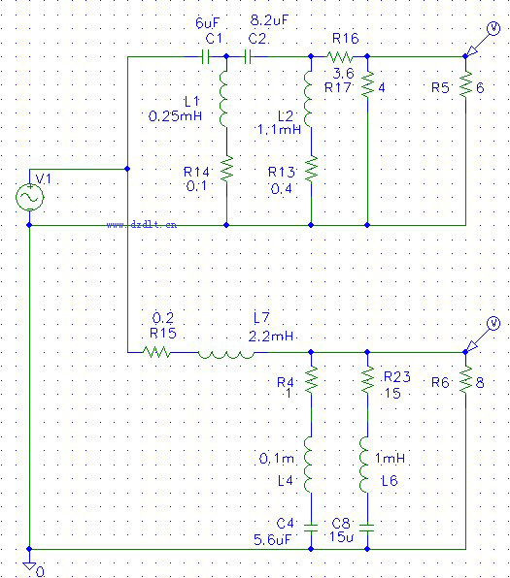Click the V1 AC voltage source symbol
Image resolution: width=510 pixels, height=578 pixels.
click(29, 197)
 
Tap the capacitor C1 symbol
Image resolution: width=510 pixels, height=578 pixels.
click(206, 57)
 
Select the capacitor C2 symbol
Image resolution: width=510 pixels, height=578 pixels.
click(249, 57)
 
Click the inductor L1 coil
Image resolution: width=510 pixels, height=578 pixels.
click(223, 100)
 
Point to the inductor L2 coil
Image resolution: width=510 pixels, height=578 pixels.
click(308, 100)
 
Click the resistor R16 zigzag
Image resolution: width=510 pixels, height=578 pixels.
click(340, 57)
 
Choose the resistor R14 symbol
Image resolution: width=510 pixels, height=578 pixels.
click(226, 169)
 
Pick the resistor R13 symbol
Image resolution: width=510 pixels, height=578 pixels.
click(311, 169)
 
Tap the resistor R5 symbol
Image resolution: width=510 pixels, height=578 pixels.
click(465, 84)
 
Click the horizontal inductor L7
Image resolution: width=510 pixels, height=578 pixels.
click(226, 355)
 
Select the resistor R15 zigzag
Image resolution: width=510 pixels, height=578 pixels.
click(156, 352)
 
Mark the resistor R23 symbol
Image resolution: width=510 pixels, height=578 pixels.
click(367, 380)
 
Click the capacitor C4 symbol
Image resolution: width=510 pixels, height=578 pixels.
click(311, 528)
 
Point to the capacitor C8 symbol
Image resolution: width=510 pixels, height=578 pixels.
click(367, 528)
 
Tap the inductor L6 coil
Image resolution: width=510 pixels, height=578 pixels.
click(364, 465)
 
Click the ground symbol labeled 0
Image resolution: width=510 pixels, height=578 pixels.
click(29, 565)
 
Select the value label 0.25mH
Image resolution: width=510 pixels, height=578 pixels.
click(175, 116)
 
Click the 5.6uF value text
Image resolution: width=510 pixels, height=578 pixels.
click(272, 540)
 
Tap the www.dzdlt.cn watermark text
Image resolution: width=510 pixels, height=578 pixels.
click(142, 224)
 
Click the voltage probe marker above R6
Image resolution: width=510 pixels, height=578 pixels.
click(482, 335)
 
